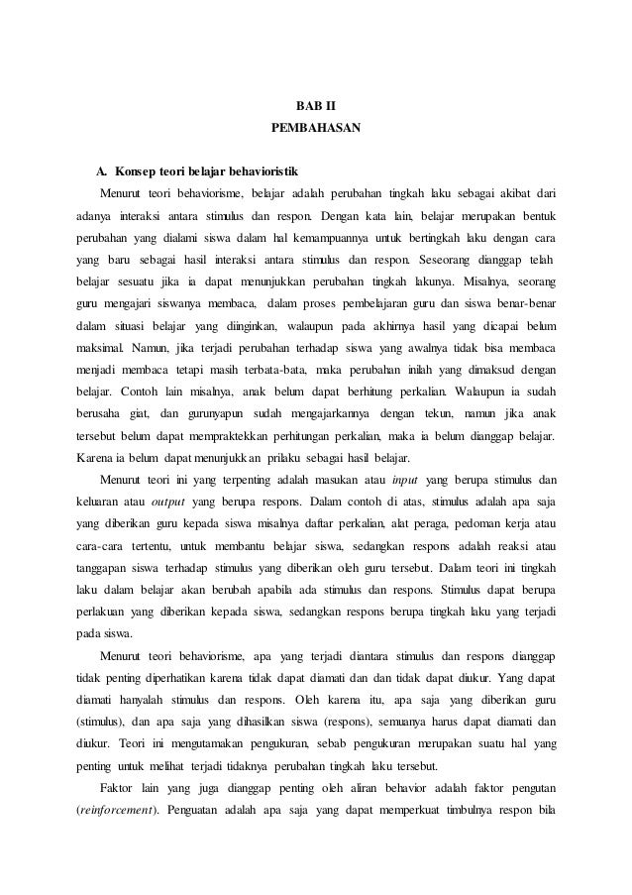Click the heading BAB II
(x=316, y=104)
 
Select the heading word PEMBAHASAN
(x=316, y=128)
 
